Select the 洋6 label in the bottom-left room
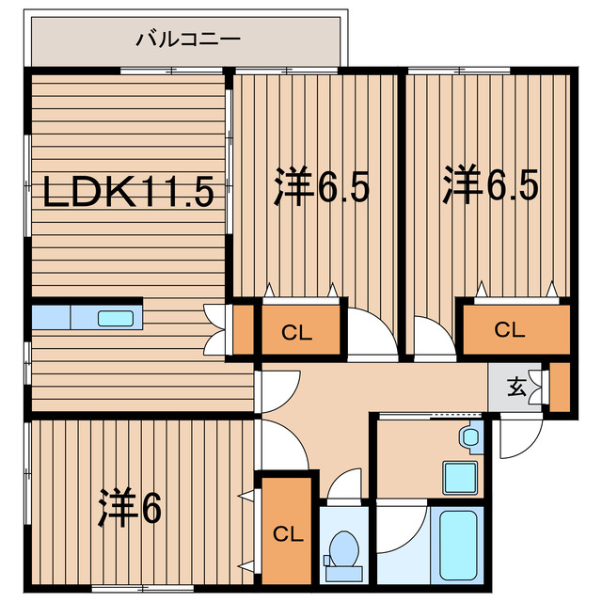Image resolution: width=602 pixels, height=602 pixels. tap(130, 509)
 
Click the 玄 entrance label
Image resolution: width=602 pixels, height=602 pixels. tap(516, 387)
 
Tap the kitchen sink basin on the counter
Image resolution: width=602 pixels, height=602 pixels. tap(116, 318)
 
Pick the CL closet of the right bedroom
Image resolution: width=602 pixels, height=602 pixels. tap(509, 329)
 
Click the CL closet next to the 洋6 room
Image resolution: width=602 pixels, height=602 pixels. tap(287, 534)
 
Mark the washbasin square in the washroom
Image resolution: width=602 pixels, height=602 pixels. tap(459, 476)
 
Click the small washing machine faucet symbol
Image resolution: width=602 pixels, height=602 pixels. tap(469, 436)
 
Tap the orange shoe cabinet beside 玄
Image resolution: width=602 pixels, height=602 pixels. tap(560, 387)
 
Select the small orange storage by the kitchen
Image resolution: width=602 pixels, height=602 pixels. tap(243, 329)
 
